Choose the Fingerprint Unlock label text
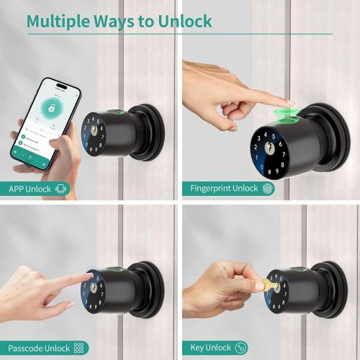[224, 189]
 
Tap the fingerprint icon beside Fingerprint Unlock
[268, 189]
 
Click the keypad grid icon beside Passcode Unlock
[78, 348]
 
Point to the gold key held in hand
[268, 285]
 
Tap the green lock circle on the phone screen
[51, 109]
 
